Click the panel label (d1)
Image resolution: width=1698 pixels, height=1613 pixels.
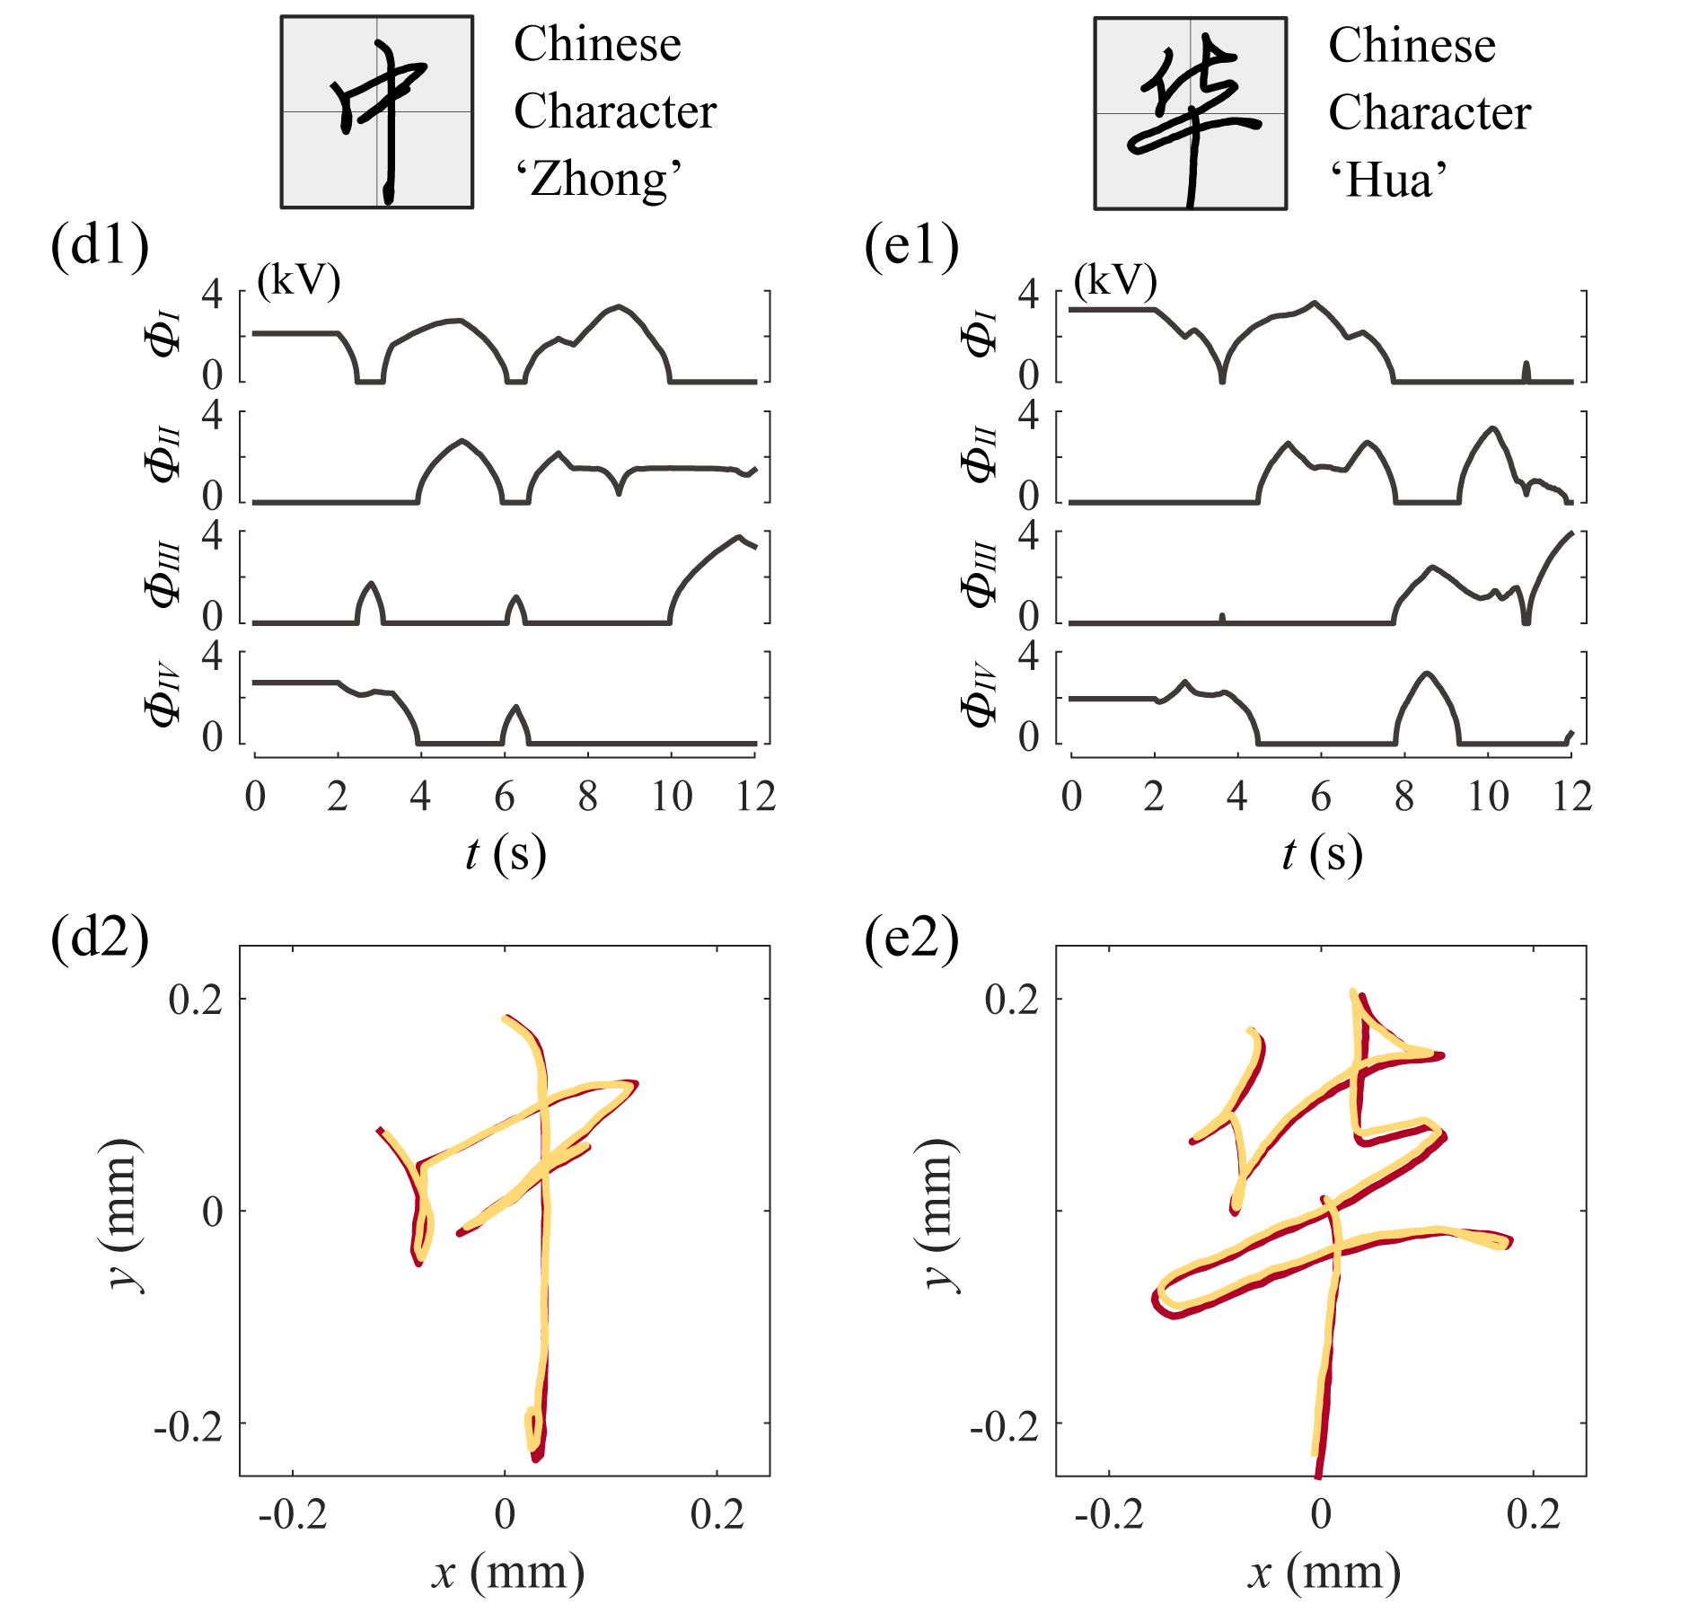99,246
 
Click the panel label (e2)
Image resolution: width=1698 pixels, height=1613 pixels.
911,939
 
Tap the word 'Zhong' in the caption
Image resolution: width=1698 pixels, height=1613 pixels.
598,179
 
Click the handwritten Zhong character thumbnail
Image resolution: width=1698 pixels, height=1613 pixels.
377,112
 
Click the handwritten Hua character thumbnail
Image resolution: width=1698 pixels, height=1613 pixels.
1190,113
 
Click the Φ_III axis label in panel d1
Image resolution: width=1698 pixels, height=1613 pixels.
164,576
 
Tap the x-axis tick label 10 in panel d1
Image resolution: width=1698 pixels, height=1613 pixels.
672,797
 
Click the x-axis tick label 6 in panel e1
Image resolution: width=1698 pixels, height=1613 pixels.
1320,797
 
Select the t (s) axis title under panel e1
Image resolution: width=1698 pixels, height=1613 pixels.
1322,854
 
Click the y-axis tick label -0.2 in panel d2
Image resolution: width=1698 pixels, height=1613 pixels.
188,1425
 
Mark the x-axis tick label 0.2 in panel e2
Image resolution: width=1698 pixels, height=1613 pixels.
1533,1515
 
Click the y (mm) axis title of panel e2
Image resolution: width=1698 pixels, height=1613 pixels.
939,1212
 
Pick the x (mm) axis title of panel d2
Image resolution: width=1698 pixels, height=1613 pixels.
508,1573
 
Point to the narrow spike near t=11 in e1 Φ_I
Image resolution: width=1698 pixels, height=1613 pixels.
1526,369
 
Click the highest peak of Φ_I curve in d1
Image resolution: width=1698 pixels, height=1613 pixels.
619,306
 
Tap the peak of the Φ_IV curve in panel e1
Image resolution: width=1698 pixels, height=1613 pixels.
1427,673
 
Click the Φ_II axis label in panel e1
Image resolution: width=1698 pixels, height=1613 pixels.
980,455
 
